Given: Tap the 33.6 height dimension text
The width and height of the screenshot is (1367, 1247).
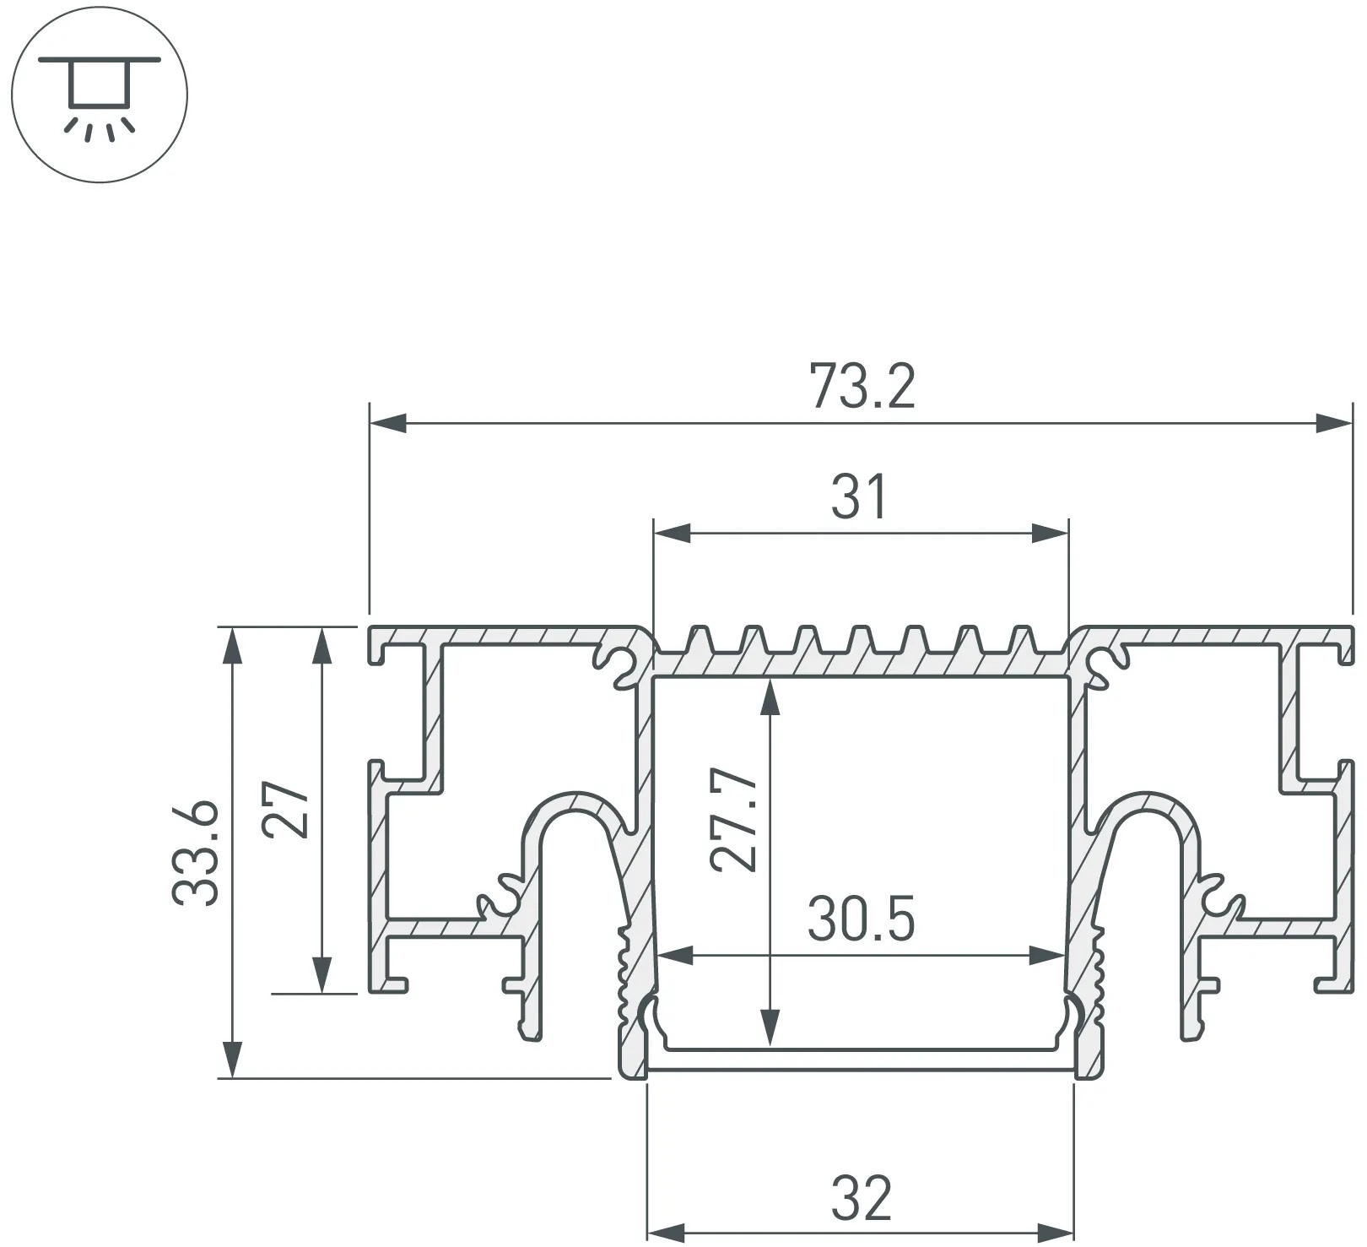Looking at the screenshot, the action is [x=197, y=854].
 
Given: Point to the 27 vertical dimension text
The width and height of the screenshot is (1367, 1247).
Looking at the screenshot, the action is [x=284, y=809].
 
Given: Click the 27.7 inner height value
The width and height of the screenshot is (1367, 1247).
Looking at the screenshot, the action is [x=733, y=819].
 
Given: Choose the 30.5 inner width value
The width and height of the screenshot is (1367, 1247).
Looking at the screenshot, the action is [x=861, y=919].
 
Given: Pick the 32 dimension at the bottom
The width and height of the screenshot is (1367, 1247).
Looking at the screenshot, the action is [x=861, y=1198].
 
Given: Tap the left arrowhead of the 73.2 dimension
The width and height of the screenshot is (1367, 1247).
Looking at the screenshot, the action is [x=388, y=422].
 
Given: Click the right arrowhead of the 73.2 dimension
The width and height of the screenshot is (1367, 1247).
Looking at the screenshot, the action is [x=1334, y=422].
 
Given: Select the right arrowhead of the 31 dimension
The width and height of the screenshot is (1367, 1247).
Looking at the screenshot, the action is [x=1050, y=533].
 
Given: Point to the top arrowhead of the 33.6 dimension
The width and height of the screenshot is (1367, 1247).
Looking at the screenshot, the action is [x=231, y=645].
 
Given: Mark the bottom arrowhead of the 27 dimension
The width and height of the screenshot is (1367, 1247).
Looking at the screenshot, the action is [x=321, y=974].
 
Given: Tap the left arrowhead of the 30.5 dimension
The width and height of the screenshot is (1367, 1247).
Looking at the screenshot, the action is [x=674, y=957].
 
